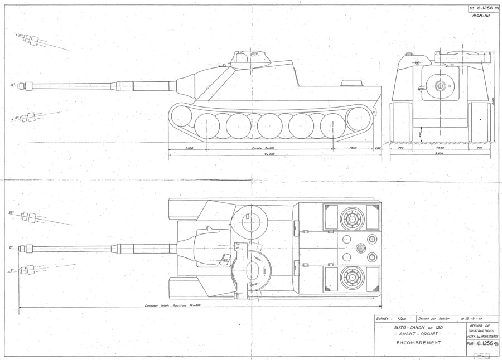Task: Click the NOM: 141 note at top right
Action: (x=480, y=17)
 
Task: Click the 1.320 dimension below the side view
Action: (x=188, y=148)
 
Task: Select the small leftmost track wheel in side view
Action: (x=181, y=117)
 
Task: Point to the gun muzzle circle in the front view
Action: (x=440, y=85)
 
